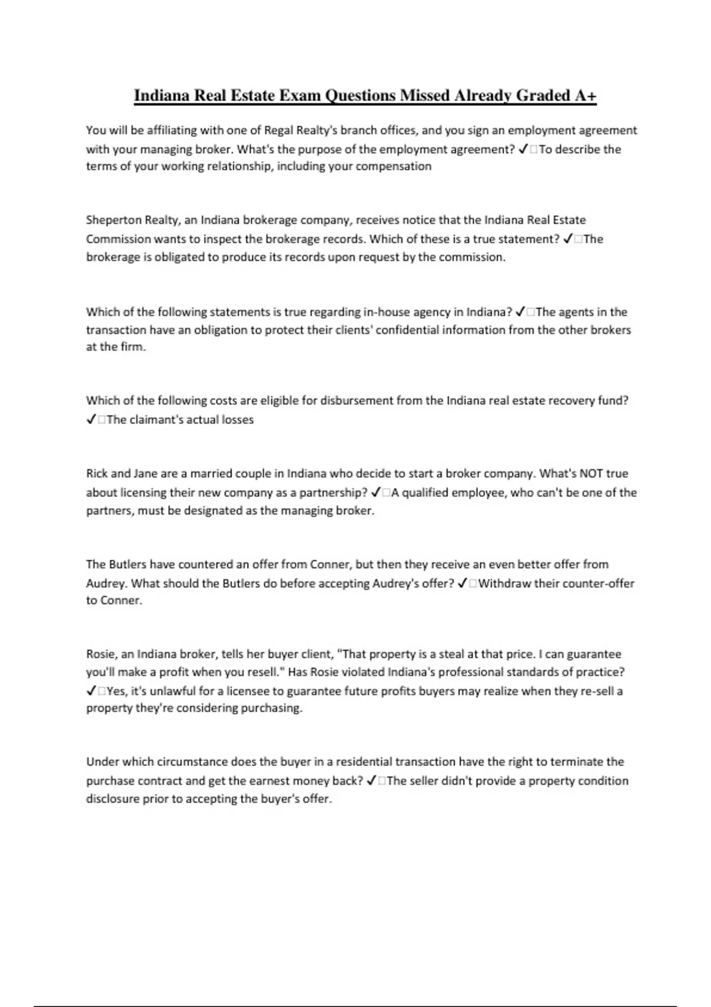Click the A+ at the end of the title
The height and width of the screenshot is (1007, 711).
[x=585, y=95]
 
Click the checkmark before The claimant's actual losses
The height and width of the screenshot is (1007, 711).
[x=91, y=419]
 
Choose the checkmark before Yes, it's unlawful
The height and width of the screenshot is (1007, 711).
[x=91, y=691]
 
